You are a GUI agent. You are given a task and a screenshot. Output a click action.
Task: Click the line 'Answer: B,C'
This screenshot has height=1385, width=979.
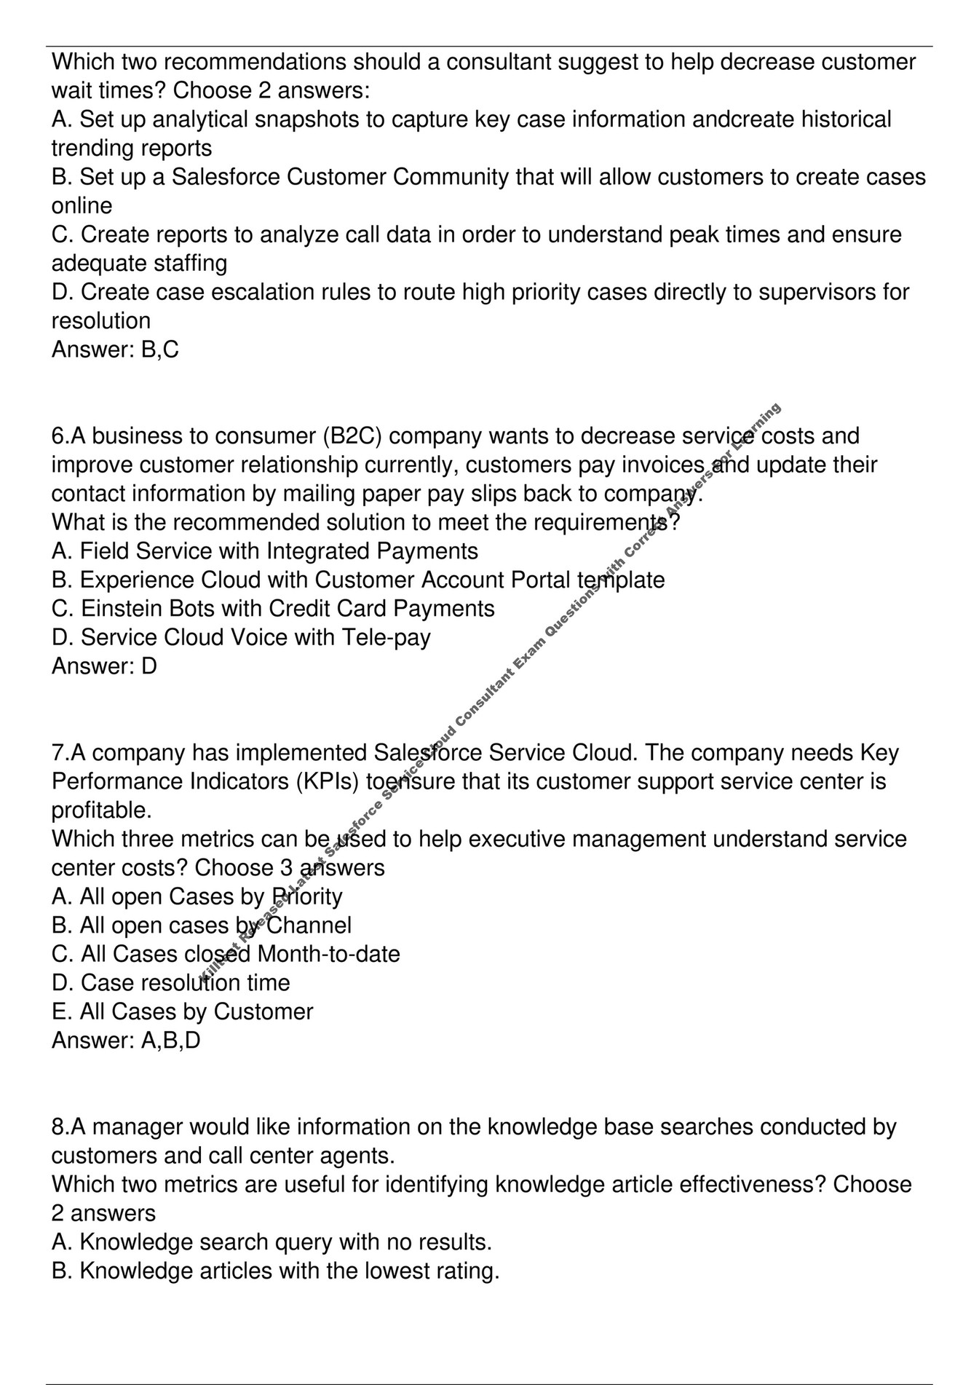tap(115, 350)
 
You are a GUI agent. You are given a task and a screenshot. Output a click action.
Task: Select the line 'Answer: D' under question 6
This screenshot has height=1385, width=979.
tap(104, 666)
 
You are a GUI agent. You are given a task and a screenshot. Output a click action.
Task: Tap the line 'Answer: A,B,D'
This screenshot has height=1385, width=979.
tap(126, 1041)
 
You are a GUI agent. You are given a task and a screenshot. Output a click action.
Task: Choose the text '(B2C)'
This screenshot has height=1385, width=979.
tap(352, 436)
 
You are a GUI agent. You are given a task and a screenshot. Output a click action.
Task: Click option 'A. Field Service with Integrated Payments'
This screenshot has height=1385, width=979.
tap(265, 551)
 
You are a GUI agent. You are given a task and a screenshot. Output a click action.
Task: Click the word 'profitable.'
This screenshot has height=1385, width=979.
tap(101, 810)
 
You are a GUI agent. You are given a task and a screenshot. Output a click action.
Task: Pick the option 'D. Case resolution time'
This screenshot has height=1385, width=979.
tap(171, 983)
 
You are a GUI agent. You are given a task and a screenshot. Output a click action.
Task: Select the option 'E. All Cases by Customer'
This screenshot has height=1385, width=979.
tap(182, 1012)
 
